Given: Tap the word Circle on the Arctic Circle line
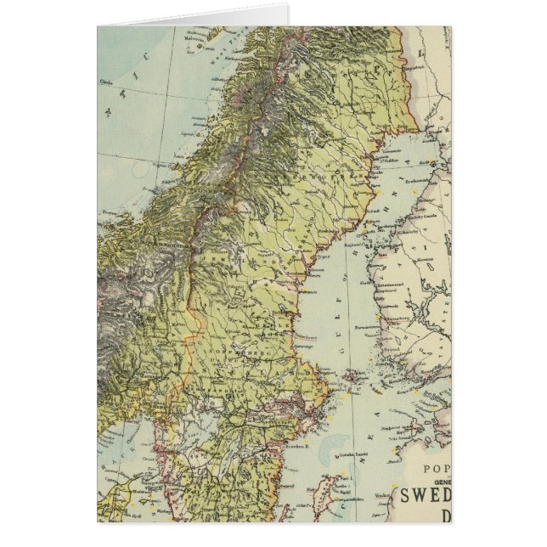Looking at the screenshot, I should coord(107,82).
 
